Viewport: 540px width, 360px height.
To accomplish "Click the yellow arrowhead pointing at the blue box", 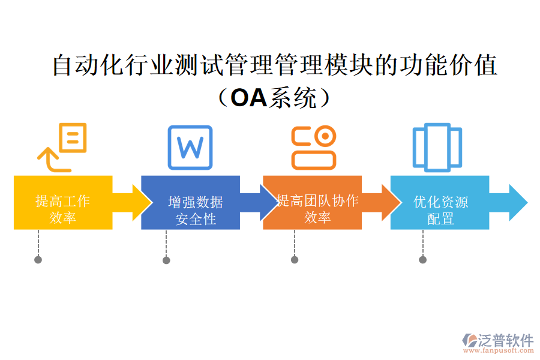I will click(142, 203).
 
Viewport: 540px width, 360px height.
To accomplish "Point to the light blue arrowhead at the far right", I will click(518, 203).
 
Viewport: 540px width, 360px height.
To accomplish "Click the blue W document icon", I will click(190, 147).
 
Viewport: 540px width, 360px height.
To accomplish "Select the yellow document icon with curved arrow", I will click(63, 147).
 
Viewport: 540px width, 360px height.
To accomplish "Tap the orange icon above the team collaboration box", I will click(314, 147).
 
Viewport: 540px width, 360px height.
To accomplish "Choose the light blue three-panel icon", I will click(437, 147).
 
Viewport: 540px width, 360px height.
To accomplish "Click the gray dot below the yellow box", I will click(38, 260).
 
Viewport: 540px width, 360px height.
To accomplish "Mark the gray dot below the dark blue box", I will click(166, 260).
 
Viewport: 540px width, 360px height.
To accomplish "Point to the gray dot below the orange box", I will click(295, 260).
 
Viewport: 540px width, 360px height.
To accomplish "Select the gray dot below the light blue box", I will click(422, 260).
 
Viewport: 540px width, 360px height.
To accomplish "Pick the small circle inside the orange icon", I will click(325, 136).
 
